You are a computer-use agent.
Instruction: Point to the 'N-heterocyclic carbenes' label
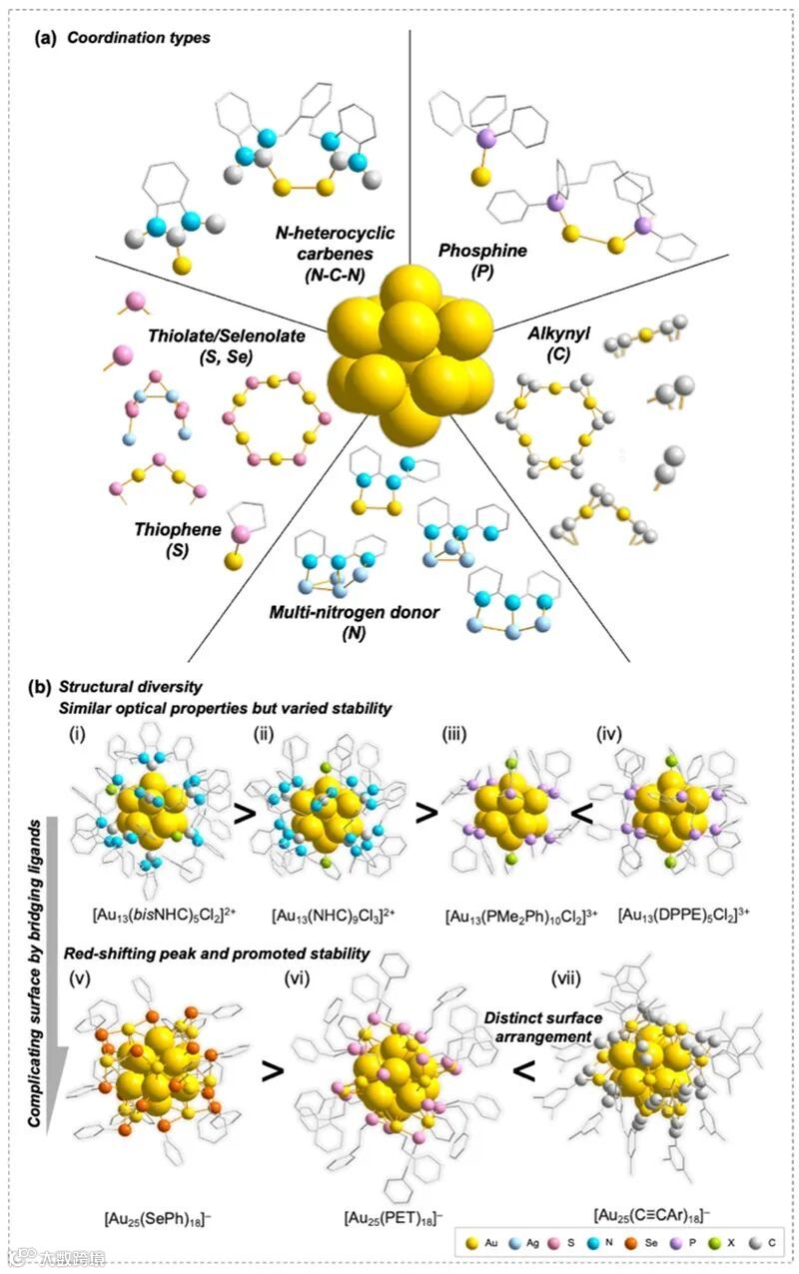point(336,251)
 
